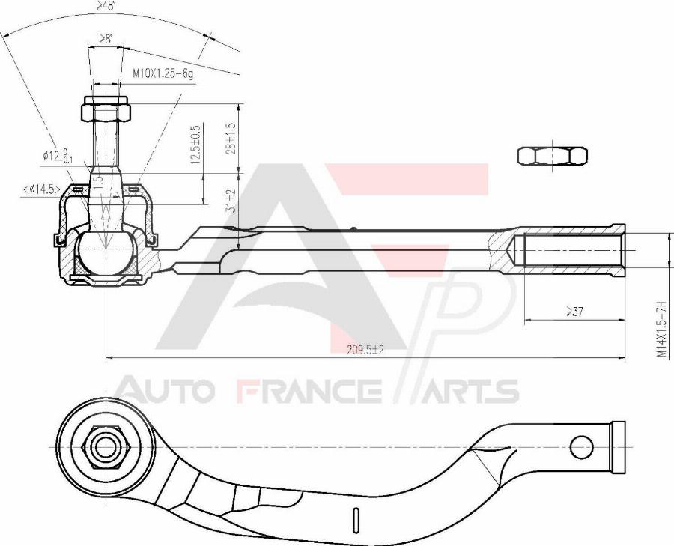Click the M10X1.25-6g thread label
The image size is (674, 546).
(163, 74)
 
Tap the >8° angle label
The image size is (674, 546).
(106, 39)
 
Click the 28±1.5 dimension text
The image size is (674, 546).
(231, 139)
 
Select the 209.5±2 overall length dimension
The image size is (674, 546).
(365, 350)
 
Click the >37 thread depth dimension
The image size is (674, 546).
(574, 312)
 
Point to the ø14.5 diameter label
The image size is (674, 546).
(42, 189)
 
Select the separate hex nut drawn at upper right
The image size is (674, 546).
(552, 156)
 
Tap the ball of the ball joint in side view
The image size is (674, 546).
(106, 253)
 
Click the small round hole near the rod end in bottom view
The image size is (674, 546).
(580, 447)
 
